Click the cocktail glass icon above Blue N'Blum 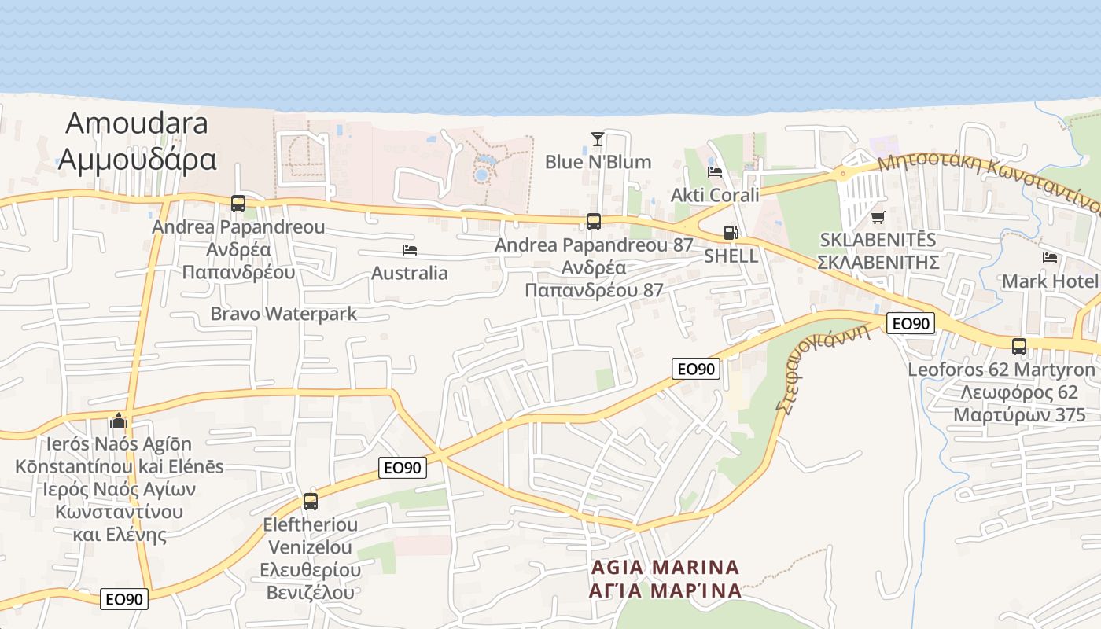[598, 139]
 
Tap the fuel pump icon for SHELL [731, 233]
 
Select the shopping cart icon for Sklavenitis [878, 217]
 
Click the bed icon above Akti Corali [715, 171]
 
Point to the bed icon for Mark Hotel [1050, 258]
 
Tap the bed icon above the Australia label [409, 250]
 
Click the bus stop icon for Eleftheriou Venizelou [311, 501]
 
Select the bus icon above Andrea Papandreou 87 [594, 222]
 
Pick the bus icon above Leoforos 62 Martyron [1019, 346]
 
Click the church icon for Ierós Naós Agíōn [119, 421]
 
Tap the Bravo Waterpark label [283, 314]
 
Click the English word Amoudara [137, 123]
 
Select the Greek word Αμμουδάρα [137, 159]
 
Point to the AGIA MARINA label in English [665, 567]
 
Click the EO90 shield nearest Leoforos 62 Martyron [911, 323]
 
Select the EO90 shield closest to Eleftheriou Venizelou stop [403, 468]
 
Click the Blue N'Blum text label [598, 162]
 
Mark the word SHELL [731, 256]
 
